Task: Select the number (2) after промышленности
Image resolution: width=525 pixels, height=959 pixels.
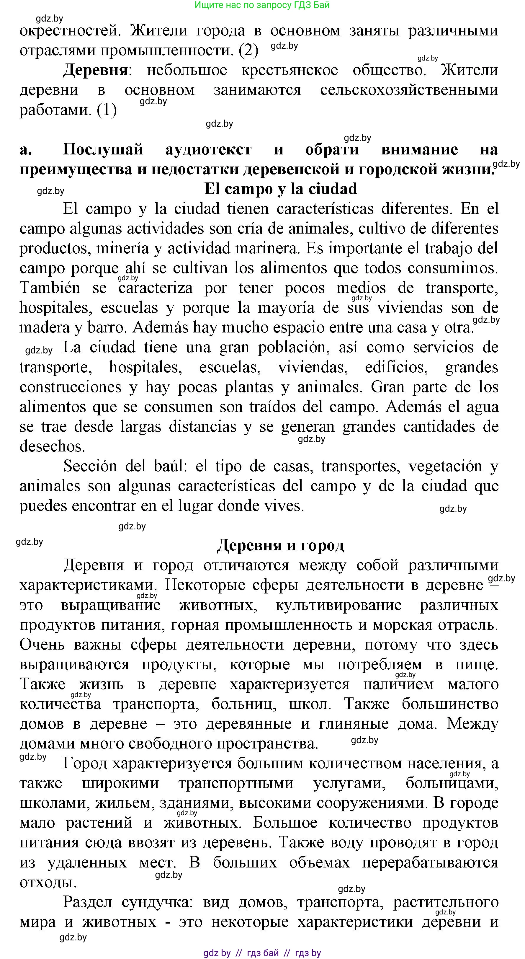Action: pyautogui.click(x=248, y=50)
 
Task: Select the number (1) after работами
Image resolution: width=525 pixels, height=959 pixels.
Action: pyautogui.click(x=107, y=110)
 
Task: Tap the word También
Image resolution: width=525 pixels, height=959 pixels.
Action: pyautogui.click(x=50, y=288)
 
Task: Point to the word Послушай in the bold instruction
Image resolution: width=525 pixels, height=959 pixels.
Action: pyautogui.click(x=103, y=149)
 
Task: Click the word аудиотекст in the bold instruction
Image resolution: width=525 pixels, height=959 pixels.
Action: pyautogui.click(x=208, y=149)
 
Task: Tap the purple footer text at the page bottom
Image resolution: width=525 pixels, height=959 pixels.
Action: pyautogui.click(x=262, y=953)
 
